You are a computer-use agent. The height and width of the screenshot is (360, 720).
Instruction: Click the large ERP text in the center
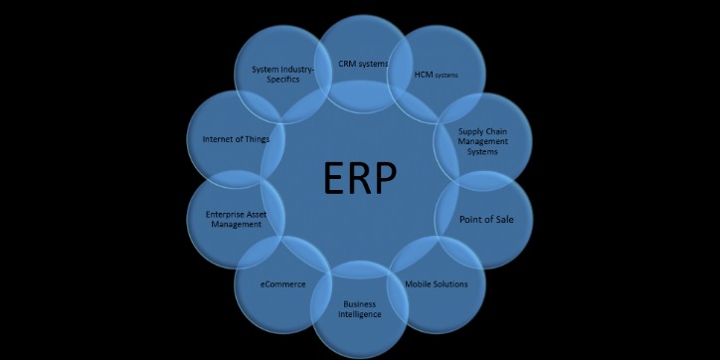click(x=360, y=178)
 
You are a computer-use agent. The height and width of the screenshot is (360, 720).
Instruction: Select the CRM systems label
click(x=363, y=64)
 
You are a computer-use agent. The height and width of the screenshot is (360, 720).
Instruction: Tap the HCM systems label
click(x=436, y=75)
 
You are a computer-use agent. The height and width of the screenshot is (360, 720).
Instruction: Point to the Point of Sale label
click(x=486, y=220)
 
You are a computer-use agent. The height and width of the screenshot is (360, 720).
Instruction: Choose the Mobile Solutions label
click(x=437, y=284)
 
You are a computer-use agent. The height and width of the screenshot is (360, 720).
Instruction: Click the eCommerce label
click(x=282, y=284)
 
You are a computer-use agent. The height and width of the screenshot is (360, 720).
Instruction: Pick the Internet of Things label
click(x=236, y=138)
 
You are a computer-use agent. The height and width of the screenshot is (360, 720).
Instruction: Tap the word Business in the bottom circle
click(x=360, y=304)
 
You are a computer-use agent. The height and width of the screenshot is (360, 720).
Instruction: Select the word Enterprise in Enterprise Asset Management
click(x=223, y=215)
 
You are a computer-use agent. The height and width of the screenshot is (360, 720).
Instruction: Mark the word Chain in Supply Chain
click(x=496, y=131)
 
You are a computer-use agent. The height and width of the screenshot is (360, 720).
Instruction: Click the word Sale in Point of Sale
click(x=505, y=220)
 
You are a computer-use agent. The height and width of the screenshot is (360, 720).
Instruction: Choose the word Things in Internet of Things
click(x=258, y=139)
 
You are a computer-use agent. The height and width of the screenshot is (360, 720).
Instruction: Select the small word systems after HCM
click(x=447, y=76)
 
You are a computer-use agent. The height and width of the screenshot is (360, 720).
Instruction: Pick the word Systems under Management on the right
click(x=482, y=151)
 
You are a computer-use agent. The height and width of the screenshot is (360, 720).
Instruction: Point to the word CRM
click(x=347, y=64)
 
